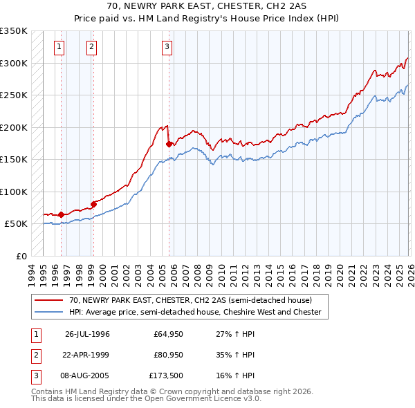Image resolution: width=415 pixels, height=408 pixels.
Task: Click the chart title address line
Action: click(x=207, y=5)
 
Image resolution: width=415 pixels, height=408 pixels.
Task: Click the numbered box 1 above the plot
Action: click(x=59, y=47)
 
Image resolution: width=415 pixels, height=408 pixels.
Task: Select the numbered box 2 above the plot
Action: click(x=91, y=47)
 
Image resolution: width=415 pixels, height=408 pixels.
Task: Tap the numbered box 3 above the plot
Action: click(x=167, y=47)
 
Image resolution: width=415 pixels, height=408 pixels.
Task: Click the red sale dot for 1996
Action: click(x=62, y=214)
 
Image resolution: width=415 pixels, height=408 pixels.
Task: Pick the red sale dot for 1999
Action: click(x=93, y=204)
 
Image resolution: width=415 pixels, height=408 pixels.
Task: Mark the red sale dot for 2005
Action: click(x=169, y=144)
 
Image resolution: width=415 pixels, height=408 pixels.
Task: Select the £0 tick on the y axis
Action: click(x=21, y=256)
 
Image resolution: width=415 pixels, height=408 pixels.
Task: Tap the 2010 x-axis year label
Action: click(x=221, y=272)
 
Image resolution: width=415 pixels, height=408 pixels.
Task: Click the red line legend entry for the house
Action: click(x=190, y=300)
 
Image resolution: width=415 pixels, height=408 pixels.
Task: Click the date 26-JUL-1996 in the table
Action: click(x=87, y=334)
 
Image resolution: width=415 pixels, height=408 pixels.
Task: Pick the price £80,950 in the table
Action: click(x=168, y=355)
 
